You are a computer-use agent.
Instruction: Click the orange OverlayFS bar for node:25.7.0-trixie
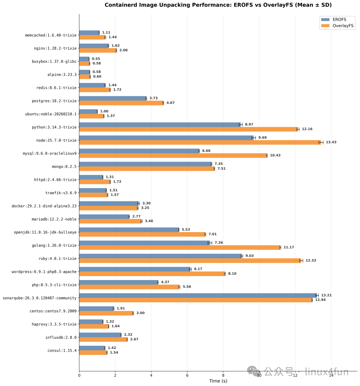click(200, 142)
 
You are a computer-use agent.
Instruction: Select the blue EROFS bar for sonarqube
click(198, 295)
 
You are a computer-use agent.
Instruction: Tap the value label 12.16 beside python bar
click(307, 129)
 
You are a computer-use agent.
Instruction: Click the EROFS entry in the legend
click(339, 20)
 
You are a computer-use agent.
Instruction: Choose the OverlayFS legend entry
click(343, 26)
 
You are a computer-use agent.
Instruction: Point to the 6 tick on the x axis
click(187, 375)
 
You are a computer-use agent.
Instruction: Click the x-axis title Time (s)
click(218, 381)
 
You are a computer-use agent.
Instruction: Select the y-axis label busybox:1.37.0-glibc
click(54, 61)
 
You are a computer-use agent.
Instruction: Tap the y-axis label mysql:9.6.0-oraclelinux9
click(50, 154)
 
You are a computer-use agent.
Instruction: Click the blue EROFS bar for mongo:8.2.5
click(145, 164)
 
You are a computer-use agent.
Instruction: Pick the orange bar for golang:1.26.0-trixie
click(180, 247)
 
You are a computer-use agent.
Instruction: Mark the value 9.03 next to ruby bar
click(250, 256)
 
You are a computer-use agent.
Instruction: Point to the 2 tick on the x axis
click(115, 375)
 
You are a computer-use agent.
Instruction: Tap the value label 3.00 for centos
click(140, 313)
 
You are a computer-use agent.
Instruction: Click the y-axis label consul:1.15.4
click(62, 350)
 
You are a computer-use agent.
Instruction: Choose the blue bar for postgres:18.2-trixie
click(113, 98)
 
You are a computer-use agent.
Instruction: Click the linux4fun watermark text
click(327, 372)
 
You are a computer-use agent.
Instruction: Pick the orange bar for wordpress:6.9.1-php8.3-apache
click(152, 274)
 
